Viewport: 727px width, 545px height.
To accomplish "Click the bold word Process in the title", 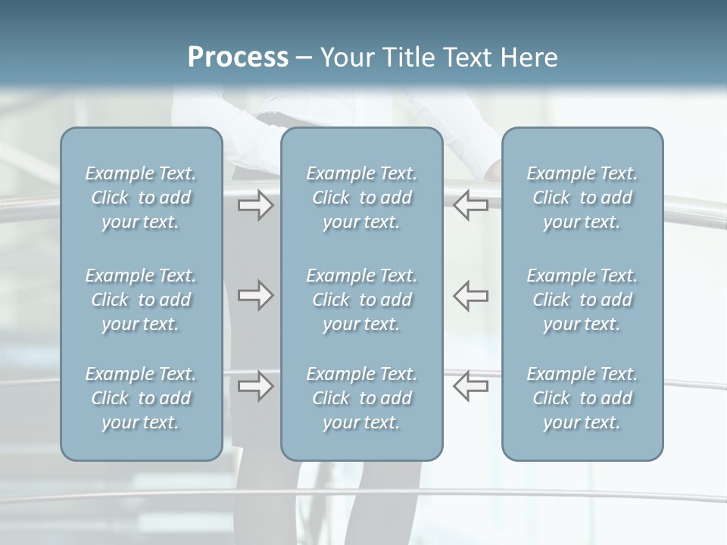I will point(238,58).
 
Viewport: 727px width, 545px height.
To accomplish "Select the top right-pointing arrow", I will point(255,205).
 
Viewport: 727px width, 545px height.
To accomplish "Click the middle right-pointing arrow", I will point(255,295).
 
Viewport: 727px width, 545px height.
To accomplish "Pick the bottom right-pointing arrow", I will point(255,385).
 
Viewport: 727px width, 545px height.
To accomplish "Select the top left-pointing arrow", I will point(471,205).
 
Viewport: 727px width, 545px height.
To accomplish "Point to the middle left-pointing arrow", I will point(471,295).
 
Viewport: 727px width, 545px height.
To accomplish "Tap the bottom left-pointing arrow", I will point(471,385).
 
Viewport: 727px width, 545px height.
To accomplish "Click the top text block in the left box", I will point(141,198).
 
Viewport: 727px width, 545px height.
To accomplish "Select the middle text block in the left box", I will point(141,300).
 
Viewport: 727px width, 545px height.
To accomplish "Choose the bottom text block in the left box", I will point(141,398).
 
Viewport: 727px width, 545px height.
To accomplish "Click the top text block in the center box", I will point(362,198).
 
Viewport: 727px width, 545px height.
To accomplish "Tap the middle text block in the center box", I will point(362,300).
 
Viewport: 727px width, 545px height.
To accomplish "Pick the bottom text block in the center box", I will point(362,398).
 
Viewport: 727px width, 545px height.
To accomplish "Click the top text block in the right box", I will point(582,198).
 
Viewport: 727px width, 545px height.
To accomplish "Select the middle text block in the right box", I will point(582,300).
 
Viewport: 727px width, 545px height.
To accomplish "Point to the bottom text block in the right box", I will point(582,398).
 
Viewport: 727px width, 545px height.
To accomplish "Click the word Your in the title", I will point(345,58).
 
